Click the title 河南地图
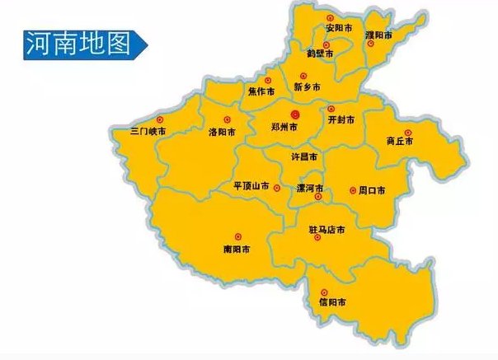tap(78, 44)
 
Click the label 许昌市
tap(306, 156)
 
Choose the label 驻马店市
tap(326, 228)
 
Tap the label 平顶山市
tap(251, 187)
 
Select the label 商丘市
tap(400, 141)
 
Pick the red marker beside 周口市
tap(352, 189)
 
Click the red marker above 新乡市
tap(303, 76)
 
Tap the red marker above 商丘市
tap(407, 132)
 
